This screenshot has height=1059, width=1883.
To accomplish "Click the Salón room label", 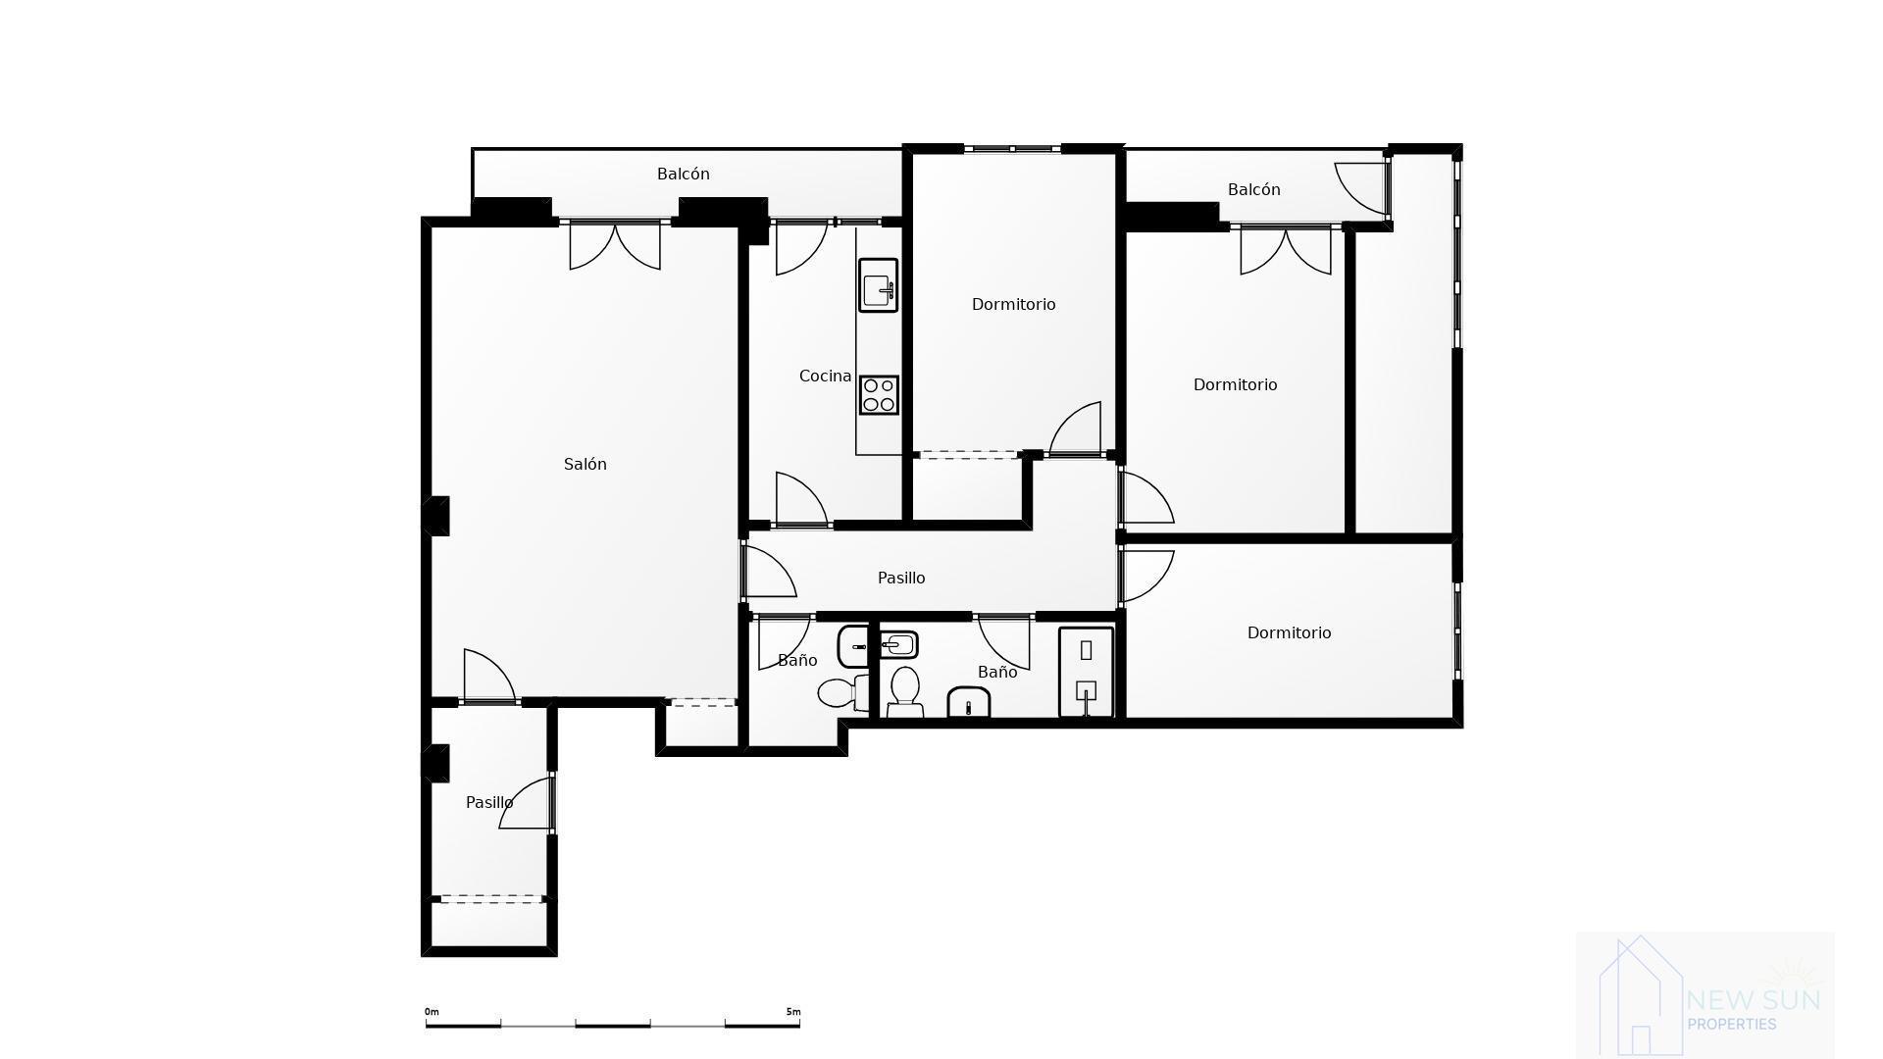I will click(585, 464).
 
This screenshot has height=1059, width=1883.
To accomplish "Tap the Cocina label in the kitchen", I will click(825, 376).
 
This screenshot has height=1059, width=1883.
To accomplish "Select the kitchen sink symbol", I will click(878, 285).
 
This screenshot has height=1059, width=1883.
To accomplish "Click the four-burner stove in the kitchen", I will click(879, 395).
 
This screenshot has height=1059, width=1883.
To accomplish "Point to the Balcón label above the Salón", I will click(684, 174).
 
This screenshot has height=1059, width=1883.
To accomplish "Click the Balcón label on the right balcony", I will click(1253, 189).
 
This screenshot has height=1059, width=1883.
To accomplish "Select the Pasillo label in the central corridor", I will click(901, 578).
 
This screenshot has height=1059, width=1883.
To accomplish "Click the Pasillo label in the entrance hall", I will click(489, 802).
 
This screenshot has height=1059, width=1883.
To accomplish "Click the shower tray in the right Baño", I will click(1086, 673).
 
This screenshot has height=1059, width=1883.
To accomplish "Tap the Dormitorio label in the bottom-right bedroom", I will click(1289, 632).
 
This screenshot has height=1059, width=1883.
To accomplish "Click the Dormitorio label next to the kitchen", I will click(1013, 304).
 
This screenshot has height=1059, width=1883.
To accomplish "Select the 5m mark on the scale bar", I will click(793, 1012).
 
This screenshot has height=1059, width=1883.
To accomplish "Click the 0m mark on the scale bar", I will click(432, 1012).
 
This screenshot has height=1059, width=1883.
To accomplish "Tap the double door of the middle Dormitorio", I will click(1286, 249).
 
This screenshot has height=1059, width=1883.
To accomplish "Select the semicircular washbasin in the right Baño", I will click(969, 703).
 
